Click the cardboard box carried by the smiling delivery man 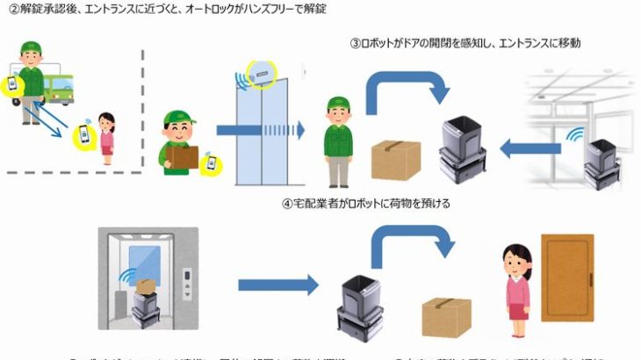(183, 156)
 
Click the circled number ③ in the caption (355, 42)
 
